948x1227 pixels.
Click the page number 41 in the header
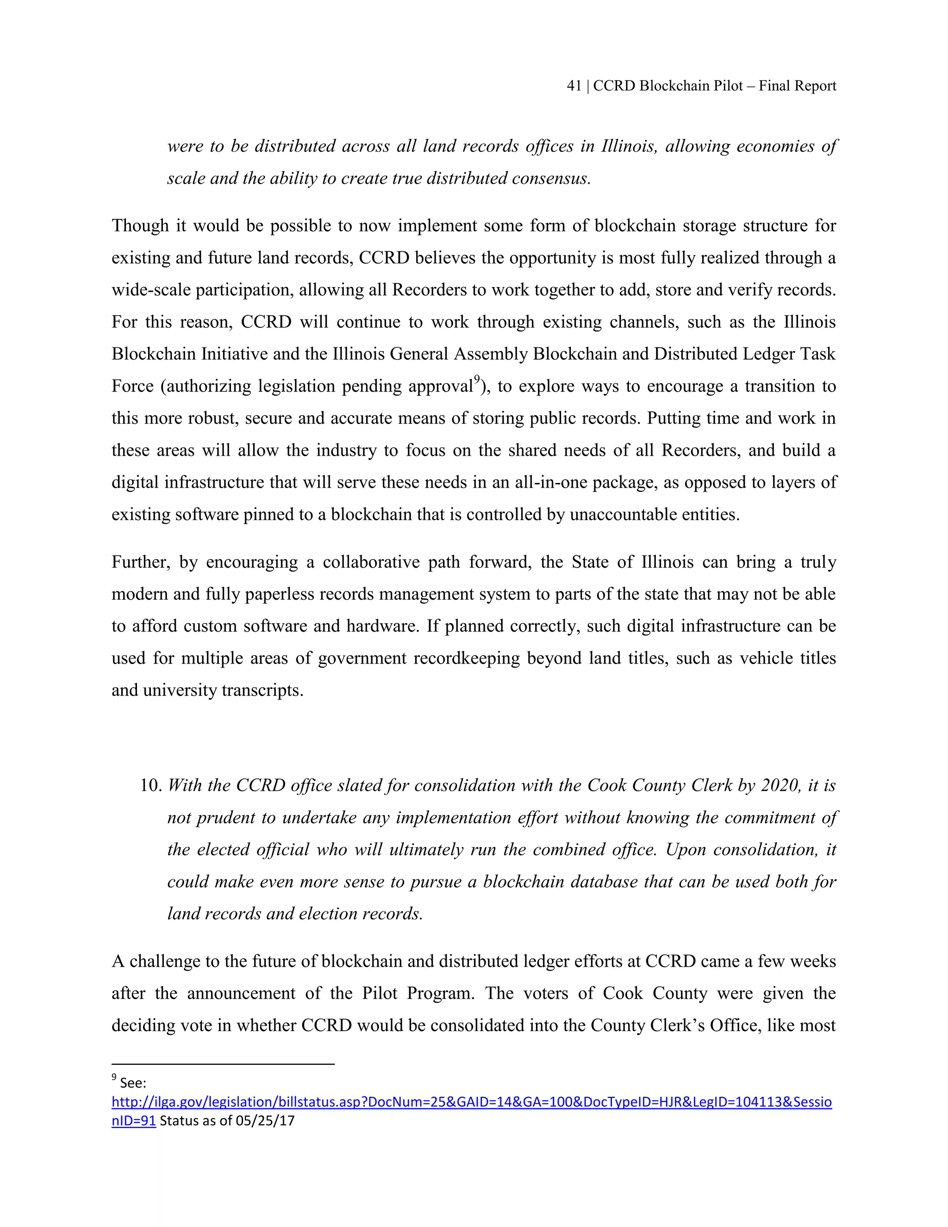click(x=574, y=86)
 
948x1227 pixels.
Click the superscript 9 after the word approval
click(x=476, y=380)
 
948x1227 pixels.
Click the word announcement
click(x=241, y=993)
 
